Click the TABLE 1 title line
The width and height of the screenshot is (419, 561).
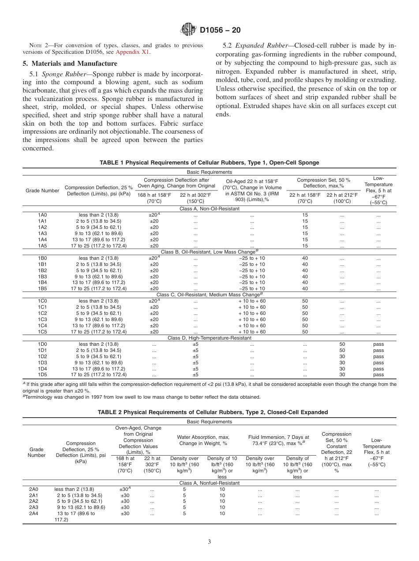(209, 163)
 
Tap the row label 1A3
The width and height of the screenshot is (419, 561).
(42, 233)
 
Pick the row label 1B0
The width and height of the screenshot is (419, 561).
(42, 258)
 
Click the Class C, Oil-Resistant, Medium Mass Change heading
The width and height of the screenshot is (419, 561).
(209, 295)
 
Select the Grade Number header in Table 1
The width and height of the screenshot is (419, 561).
(42, 191)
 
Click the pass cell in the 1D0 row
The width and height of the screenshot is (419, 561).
(378, 344)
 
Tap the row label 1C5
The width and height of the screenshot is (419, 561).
(42, 332)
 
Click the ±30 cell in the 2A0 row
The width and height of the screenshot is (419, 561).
(125, 489)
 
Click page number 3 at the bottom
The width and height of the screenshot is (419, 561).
(209, 542)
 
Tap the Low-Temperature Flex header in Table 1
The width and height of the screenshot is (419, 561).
(378, 191)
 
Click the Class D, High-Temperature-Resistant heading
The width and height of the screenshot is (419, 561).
(209, 338)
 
